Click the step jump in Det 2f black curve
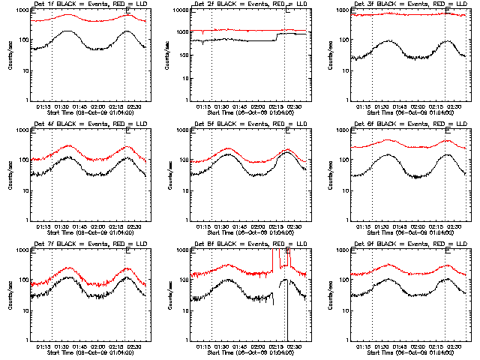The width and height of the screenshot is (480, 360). pyautogui.click(x=277, y=37)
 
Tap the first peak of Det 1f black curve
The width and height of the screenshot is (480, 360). pyautogui.click(x=68, y=31)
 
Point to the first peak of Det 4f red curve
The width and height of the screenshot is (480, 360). pyautogui.click(x=68, y=145)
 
